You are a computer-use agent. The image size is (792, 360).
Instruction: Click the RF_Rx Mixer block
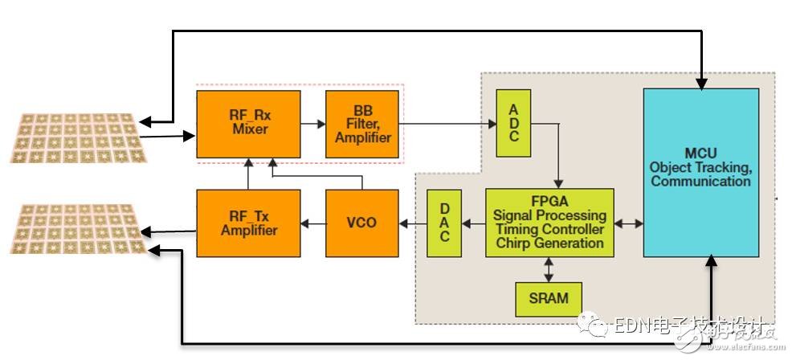248,125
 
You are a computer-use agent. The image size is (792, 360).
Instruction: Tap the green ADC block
514,124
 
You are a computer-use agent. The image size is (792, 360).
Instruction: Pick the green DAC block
443,223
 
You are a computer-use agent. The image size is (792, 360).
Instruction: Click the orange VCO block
361,223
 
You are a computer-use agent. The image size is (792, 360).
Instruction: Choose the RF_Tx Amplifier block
248,223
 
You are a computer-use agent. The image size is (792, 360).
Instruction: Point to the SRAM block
549,299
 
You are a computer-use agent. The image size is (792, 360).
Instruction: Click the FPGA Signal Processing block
549,223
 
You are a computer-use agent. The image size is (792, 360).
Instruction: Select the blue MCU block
700,173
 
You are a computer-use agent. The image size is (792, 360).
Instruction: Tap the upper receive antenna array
76,136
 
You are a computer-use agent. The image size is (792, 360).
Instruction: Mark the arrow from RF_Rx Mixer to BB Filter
312,125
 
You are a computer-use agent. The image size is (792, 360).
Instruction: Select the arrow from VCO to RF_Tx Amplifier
312,223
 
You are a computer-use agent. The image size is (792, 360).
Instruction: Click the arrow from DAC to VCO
413,223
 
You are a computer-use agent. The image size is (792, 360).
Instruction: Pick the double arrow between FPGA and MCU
629,223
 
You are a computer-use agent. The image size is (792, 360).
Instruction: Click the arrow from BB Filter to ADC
446,124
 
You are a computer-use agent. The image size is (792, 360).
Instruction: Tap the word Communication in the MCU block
700,182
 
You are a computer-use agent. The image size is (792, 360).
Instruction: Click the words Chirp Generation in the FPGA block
549,243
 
